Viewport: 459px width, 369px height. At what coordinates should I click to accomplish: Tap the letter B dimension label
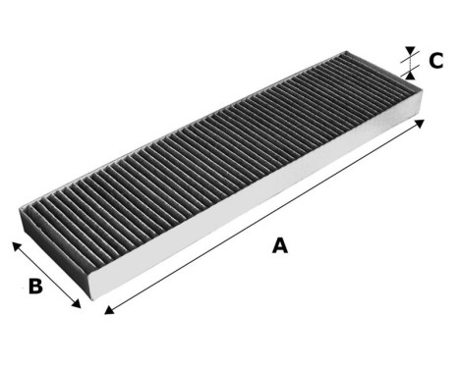(x=34, y=289)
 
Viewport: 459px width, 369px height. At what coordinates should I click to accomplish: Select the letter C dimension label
(x=435, y=62)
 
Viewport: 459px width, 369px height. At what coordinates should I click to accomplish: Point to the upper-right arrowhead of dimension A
(x=423, y=123)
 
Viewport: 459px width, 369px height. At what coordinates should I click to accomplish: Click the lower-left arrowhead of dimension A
(x=106, y=312)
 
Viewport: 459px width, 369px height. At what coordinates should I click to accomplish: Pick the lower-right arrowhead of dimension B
(x=79, y=305)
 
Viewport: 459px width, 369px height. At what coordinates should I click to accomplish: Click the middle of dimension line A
(x=264, y=217)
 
